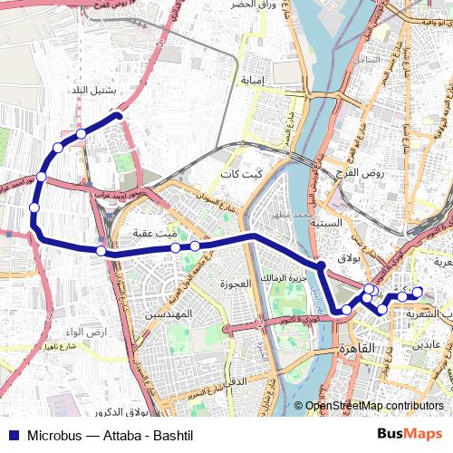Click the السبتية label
(326, 222)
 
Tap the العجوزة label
(235, 284)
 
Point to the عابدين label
(427, 345)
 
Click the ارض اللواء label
(92, 332)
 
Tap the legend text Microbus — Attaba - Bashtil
(111, 435)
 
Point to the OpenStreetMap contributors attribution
(374, 406)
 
